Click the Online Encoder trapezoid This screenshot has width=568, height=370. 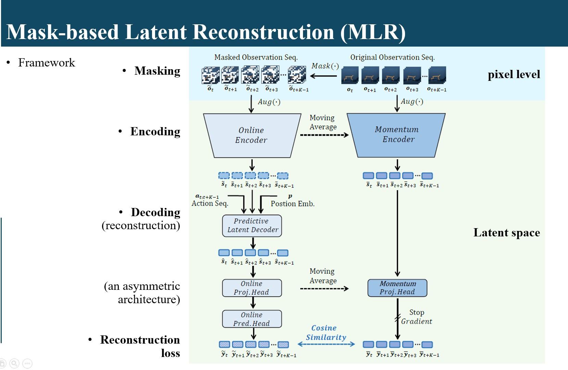[252, 135]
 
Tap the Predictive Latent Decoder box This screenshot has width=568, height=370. [252, 225]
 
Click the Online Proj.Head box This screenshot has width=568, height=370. [252, 288]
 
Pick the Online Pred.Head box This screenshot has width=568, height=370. [252, 319]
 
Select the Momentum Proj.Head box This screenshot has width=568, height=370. [397, 288]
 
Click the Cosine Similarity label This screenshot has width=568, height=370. [325, 333]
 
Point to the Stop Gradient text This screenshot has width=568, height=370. [416, 317]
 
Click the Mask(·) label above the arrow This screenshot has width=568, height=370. [325, 66]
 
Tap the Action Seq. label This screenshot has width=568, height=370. [210, 203]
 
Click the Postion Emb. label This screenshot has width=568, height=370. [292, 203]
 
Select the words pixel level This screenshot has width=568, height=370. [514, 74]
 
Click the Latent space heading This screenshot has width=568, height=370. [506, 233]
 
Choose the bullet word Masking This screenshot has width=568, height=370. [157, 71]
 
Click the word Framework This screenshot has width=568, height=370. [47, 63]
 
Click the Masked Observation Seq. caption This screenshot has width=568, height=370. [256, 57]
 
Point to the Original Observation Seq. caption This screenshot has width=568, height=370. [392, 57]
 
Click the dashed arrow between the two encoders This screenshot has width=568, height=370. [324, 135]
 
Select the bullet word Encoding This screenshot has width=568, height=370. [155, 132]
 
